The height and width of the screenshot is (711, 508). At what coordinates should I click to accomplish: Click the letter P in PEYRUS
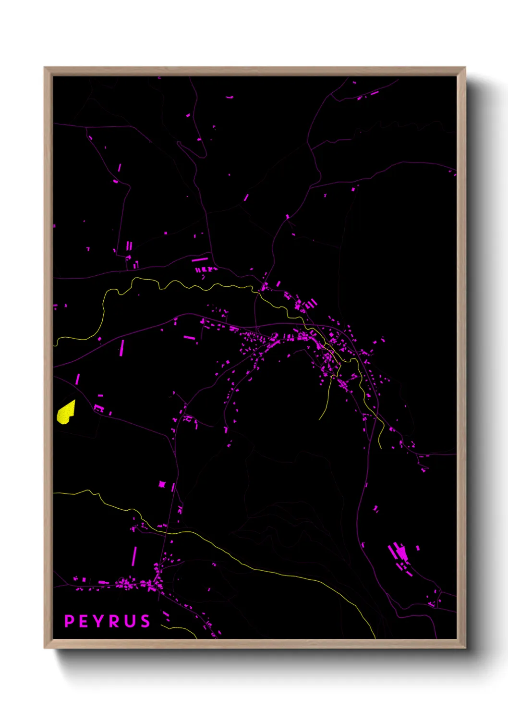click(x=69, y=621)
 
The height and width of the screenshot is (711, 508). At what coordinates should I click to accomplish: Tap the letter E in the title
click(x=83, y=621)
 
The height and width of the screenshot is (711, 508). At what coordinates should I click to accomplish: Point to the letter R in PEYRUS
click(x=115, y=621)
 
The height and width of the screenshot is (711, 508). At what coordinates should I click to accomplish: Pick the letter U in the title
click(x=130, y=621)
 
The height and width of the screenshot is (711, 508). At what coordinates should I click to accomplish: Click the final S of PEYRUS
click(x=145, y=621)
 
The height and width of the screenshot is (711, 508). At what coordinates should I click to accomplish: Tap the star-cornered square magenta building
click(x=162, y=484)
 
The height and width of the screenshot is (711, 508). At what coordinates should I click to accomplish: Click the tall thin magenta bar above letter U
click(x=134, y=556)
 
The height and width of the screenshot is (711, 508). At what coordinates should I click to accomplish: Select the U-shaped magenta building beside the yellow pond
click(x=98, y=408)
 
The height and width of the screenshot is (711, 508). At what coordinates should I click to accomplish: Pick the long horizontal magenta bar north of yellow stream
click(x=200, y=259)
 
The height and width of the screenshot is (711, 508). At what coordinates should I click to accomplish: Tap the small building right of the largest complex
click(x=418, y=548)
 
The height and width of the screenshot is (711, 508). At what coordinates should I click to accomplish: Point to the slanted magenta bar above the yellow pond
click(x=77, y=379)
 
